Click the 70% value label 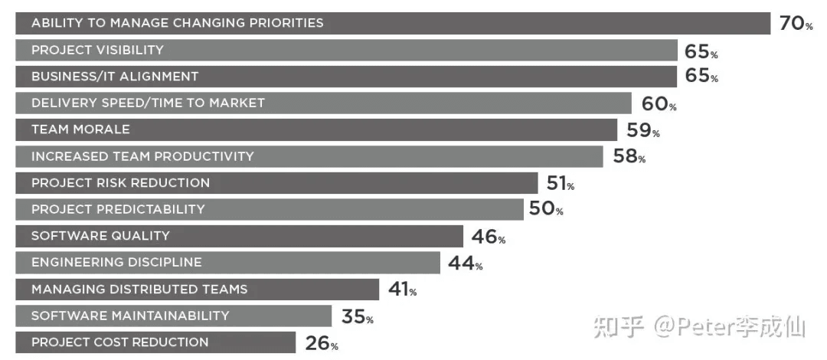click(796, 23)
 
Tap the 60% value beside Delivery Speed click(659, 103)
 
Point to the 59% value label click(643, 130)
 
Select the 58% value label click(629, 156)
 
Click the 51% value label click(560, 183)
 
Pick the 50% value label click(546, 209)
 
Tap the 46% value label click(489, 237)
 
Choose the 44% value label click(466, 263)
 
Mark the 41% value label click(403, 290)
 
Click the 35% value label click(358, 316)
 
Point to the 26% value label click(322, 343)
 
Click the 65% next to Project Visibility click(701, 51)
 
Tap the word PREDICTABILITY click(150, 210)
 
